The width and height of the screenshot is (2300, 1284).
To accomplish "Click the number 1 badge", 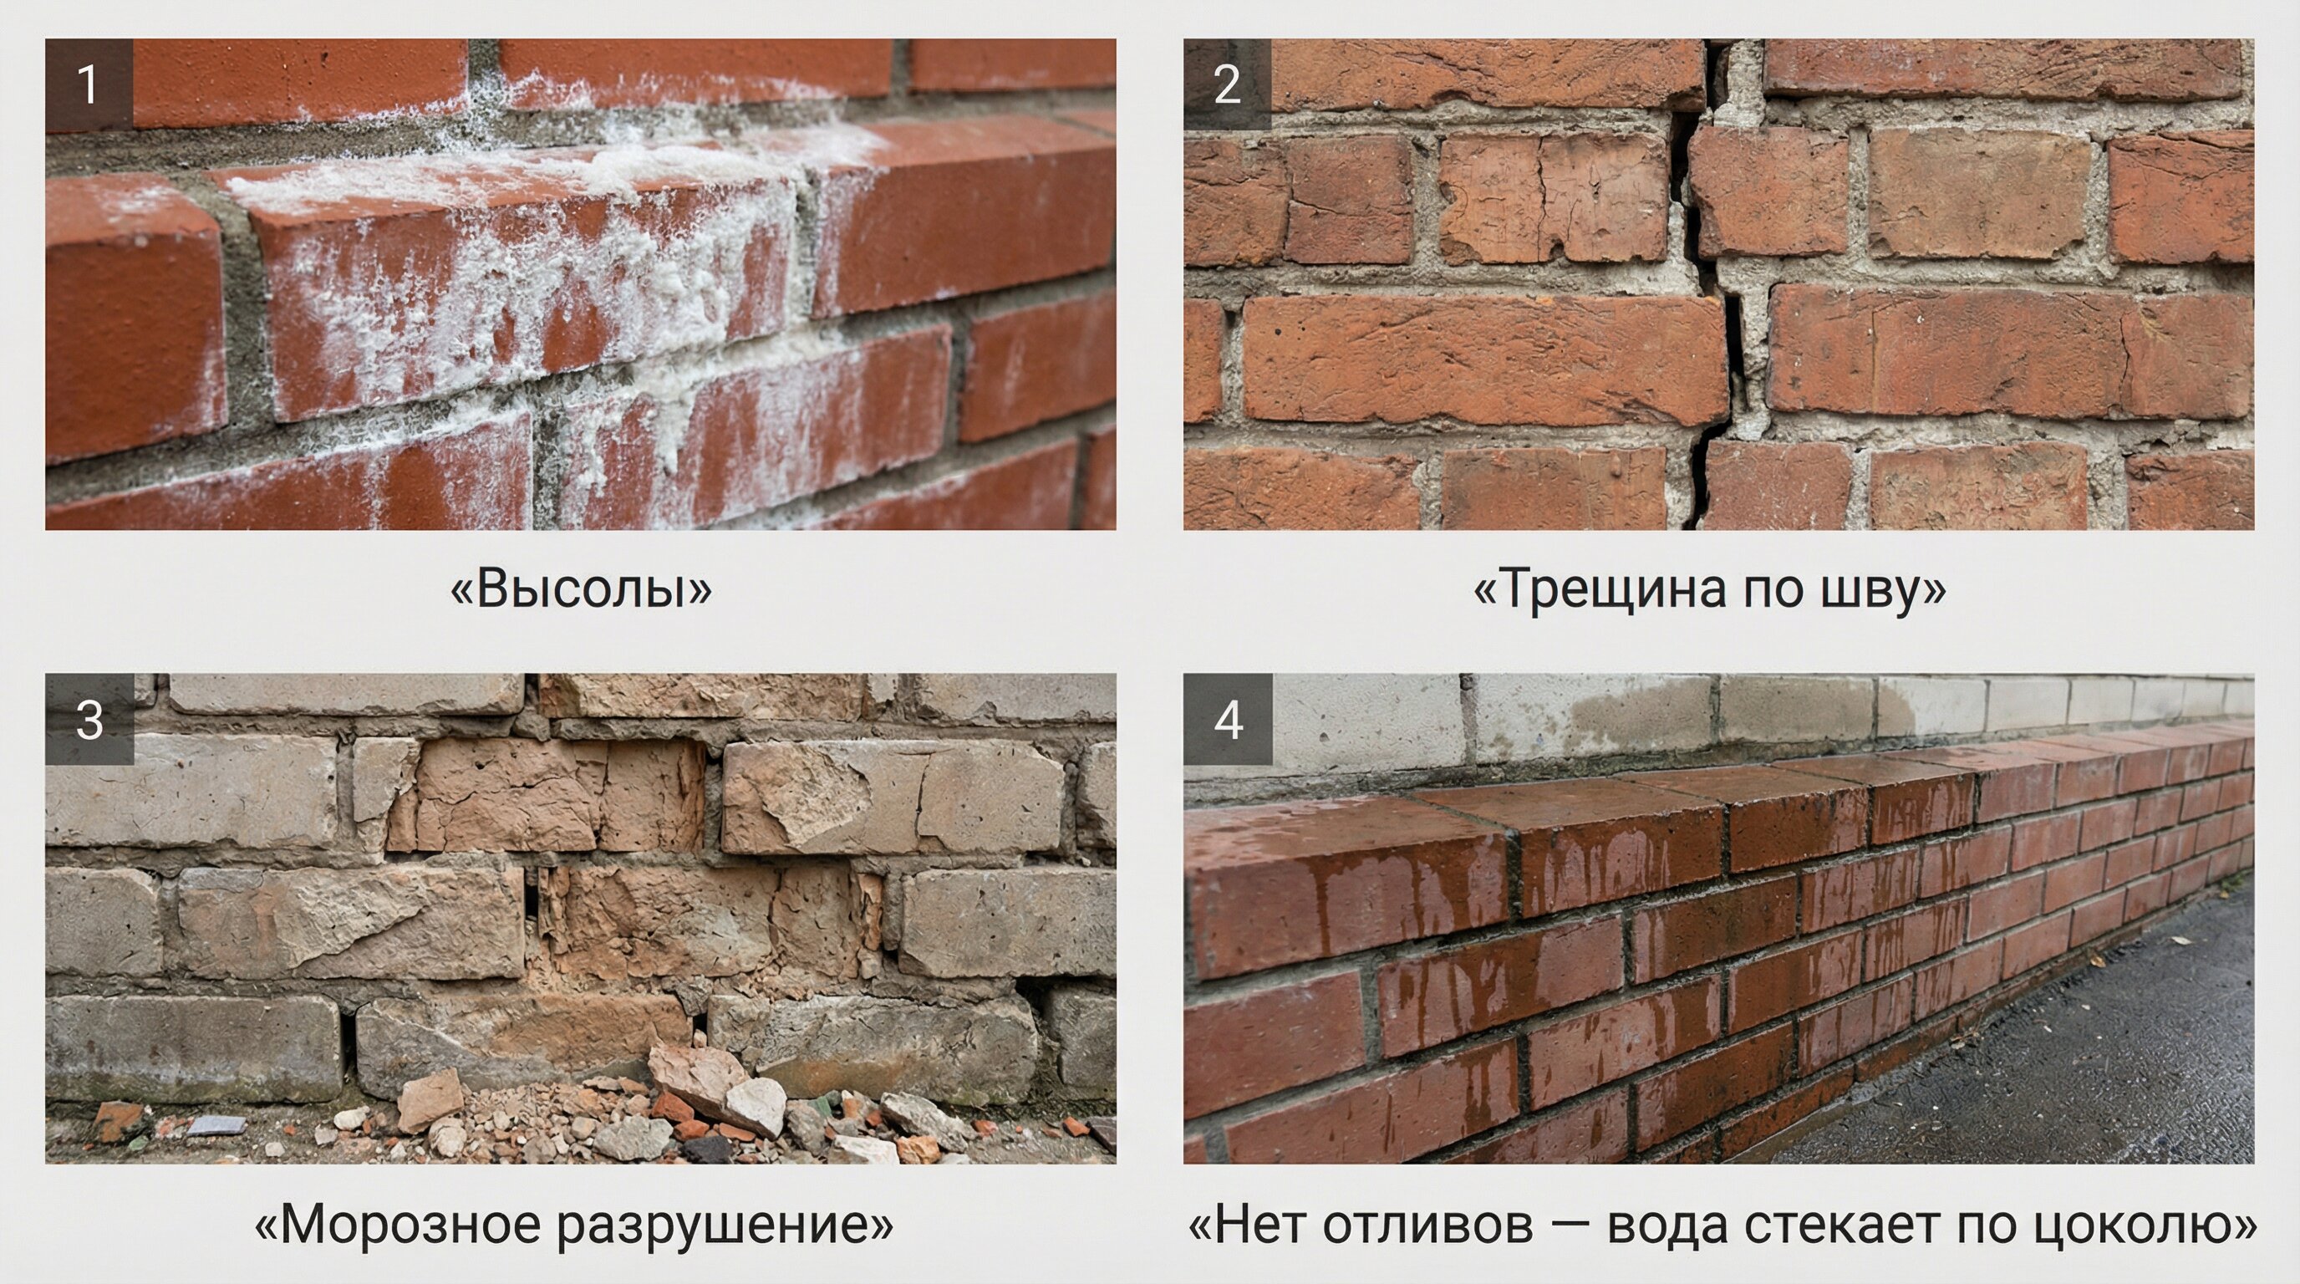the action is pyautogui.click(x=89, y=84).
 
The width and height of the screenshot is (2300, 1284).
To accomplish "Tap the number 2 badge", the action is pyautogui.click(x=1228, y=84).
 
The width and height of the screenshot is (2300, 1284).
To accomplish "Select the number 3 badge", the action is pyautogui.click(x=89, y=719).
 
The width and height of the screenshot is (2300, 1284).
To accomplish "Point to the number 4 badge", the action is pyautogui.click(x=1228, y=719).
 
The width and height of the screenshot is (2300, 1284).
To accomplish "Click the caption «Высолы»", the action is pyautogui.click(x=581, y=589).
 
